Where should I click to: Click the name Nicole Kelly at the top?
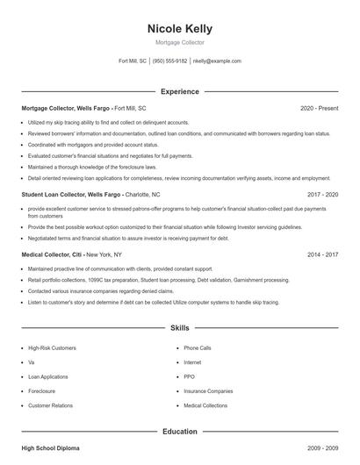(179, 29)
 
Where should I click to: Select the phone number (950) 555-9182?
(169, 61)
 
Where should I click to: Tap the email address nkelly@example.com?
(217, 61)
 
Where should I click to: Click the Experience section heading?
(179, 91)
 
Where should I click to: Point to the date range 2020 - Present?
(319, 108)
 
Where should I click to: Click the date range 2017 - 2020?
(323, 194)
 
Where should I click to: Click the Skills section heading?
(179, 329)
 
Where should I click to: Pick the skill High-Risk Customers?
(53, 348)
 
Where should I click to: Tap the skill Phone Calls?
(198, 348)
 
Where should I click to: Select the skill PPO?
(190, 377)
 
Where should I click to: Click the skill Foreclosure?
(42, 391)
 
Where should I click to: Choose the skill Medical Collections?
(205, 406)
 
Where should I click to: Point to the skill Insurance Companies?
(208, 391)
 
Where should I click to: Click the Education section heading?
(179, 432)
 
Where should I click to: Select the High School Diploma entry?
(50, 448)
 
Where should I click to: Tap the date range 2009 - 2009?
(323, 448)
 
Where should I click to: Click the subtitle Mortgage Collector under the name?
(179, 42)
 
